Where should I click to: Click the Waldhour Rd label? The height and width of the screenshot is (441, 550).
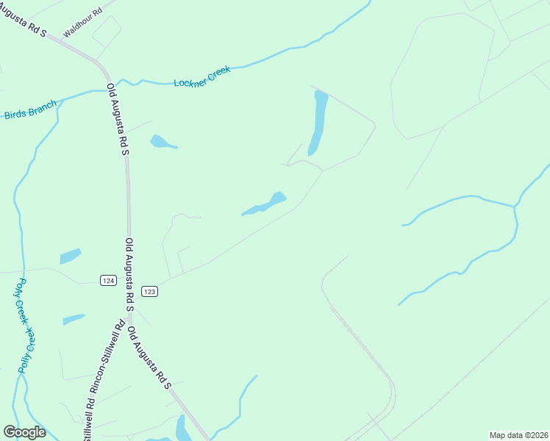82,21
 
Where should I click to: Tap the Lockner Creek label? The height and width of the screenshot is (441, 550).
202,76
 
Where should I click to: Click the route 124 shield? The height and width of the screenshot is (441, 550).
108,281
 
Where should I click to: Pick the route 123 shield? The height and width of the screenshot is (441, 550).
150,291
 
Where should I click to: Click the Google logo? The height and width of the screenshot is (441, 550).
24,432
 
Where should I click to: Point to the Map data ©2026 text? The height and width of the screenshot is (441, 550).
518,435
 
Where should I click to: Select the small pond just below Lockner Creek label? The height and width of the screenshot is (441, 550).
161,142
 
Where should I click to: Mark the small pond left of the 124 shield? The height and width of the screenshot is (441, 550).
70,256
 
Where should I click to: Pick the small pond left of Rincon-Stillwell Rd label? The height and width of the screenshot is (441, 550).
74,320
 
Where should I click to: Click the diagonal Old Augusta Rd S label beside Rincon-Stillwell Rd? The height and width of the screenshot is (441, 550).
149,358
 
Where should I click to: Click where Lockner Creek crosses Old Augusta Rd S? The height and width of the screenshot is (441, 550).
110,81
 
